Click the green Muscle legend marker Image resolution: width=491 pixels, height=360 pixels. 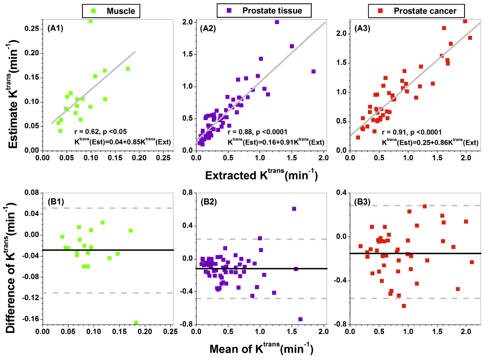click(x=94, y=11)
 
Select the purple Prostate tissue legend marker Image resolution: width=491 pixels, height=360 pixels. click(x=229, y=11)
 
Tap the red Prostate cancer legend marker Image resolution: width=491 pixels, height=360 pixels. click(x=380, y=11)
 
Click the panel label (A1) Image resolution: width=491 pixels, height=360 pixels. click(x=55, y=28)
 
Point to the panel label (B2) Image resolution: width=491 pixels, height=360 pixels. click(x=209, y=202)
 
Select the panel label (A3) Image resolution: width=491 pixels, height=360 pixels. click(x=362, y=28)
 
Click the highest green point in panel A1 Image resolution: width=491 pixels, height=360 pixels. click(x=91, y=21)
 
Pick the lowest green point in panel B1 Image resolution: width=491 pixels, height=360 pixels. click(x=136, y=323)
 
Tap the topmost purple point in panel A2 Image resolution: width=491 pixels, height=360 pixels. click(x=277, y=22)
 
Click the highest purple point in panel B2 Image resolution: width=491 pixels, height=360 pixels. click(x=294, y=209)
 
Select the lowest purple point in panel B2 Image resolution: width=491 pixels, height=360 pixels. click(x=300, y=319)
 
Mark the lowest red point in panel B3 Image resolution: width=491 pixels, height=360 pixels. click(x=404, y=306)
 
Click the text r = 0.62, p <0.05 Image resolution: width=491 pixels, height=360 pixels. click(x=100, y=132)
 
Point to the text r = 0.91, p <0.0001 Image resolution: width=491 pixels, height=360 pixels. click(x=412, y=132)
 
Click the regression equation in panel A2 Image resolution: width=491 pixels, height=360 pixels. click(x=276, y=142)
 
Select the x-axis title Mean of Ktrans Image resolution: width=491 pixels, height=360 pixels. click(x=261, y=349)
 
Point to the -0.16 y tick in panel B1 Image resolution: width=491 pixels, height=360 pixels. click(x=32, y=319)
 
